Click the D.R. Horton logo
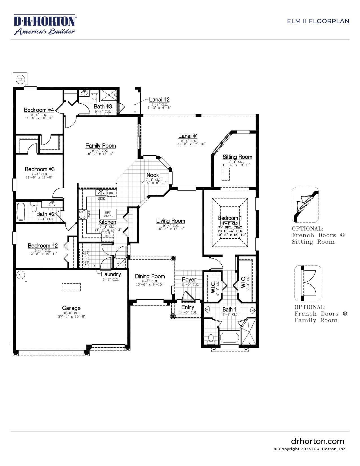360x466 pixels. pyautogui.click(x=44, y=24)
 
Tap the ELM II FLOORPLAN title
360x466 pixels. pyautogui.click(x=318, y=21)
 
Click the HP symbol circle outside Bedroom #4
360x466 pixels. pyautogui.click(x=20, y=79)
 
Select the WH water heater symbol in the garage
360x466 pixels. pyautogui.click(x=20, y=275)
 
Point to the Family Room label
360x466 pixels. pyautogui.click(x=101, y=146)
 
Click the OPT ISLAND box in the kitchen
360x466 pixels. pyautogui.click(x=108, y=214)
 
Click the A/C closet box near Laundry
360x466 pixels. pyautogui.click(x=121, y=263)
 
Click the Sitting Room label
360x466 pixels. pyautogui.click(x=237, y=157)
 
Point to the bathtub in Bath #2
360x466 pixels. pyautogui.click(x=21, y=212)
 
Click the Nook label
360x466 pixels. pyautogui.click(x=152, y=175)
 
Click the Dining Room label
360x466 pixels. pyautogui.click(x=150, y=276)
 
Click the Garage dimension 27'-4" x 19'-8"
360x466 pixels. pyautogui.click(x=71, y=317)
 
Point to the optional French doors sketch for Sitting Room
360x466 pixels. pyautogui.click(x=305, y=205)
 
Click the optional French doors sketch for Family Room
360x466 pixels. pyautogui.click(x=308, y=283)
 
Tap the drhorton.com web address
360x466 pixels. pyautogui.click(x=318, y=441)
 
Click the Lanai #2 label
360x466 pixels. pyautogui.click(x=159, y=100)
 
